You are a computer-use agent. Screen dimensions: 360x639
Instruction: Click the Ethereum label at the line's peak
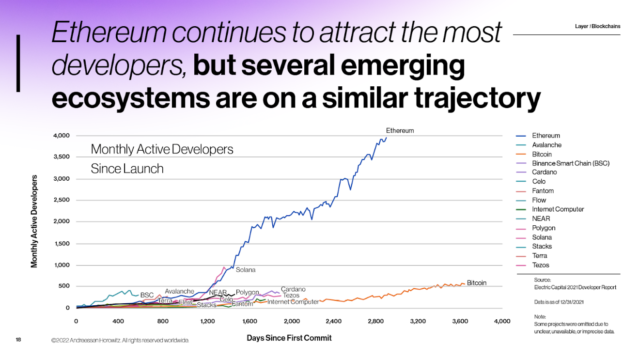[x=400, y=130]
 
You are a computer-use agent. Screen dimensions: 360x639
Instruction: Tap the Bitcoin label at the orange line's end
[x=476, y=283]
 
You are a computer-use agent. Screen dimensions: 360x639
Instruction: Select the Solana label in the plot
[x=246, y=270]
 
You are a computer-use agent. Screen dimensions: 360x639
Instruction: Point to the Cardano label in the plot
[x=293, y=289]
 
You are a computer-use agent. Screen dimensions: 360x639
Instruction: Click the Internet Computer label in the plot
[x=293, y=302]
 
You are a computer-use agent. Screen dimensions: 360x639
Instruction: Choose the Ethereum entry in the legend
[x=545, y=136]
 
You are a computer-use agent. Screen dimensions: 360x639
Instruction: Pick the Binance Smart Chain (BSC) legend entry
[x=570, y=163]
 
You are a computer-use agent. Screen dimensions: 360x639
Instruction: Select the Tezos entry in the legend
[x=540, y=265]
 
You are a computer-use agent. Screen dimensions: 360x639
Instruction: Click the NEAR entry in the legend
[x=541, y=219]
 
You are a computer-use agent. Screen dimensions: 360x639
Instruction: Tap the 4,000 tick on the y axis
[x=61, y=136]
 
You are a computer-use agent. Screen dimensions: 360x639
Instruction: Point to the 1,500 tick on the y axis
[x=61, y=243]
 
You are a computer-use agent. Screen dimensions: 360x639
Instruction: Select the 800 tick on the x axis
[x=163, y=321]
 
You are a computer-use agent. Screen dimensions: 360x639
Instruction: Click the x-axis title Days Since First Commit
[x=289, y=338]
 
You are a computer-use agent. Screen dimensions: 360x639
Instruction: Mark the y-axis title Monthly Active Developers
[x=34, y=221]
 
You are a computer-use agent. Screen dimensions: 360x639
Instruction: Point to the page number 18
[x=18, y=340]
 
